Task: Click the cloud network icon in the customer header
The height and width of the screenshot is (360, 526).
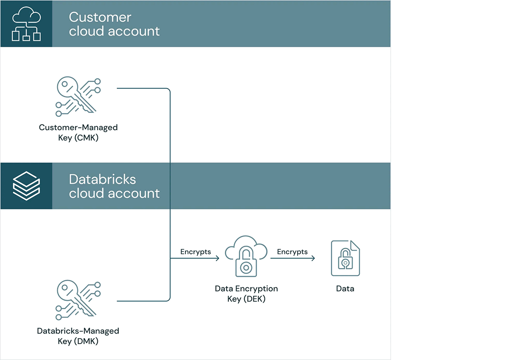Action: [x=26, y=24]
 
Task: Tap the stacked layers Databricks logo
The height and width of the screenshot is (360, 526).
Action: [x=26, y=186]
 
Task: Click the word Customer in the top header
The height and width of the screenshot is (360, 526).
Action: [x=100, y=17]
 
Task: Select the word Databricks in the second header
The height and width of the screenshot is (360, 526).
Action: [x=103, y=179]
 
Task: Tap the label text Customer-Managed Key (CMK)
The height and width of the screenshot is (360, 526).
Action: [x=78, y=133]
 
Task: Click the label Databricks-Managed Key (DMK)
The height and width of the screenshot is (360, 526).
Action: [x=78, y=336]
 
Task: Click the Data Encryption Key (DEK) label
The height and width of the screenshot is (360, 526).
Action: [x=246, y=294]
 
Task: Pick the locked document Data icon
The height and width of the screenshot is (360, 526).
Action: [x=345, y=258]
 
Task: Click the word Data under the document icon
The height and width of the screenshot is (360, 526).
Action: [x=345, y=289]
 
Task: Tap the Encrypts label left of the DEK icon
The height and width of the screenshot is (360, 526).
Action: [x=195, y=252]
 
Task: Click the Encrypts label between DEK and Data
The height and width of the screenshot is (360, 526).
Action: [x=292, y=252]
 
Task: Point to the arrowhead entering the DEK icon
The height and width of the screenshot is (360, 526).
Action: [x=217, y=258]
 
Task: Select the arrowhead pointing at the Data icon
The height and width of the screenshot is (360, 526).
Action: [x=313, y=258]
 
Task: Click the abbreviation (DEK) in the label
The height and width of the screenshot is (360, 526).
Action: [x=254, y=299]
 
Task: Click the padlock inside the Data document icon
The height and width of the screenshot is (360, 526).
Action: [x=345, y=261]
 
